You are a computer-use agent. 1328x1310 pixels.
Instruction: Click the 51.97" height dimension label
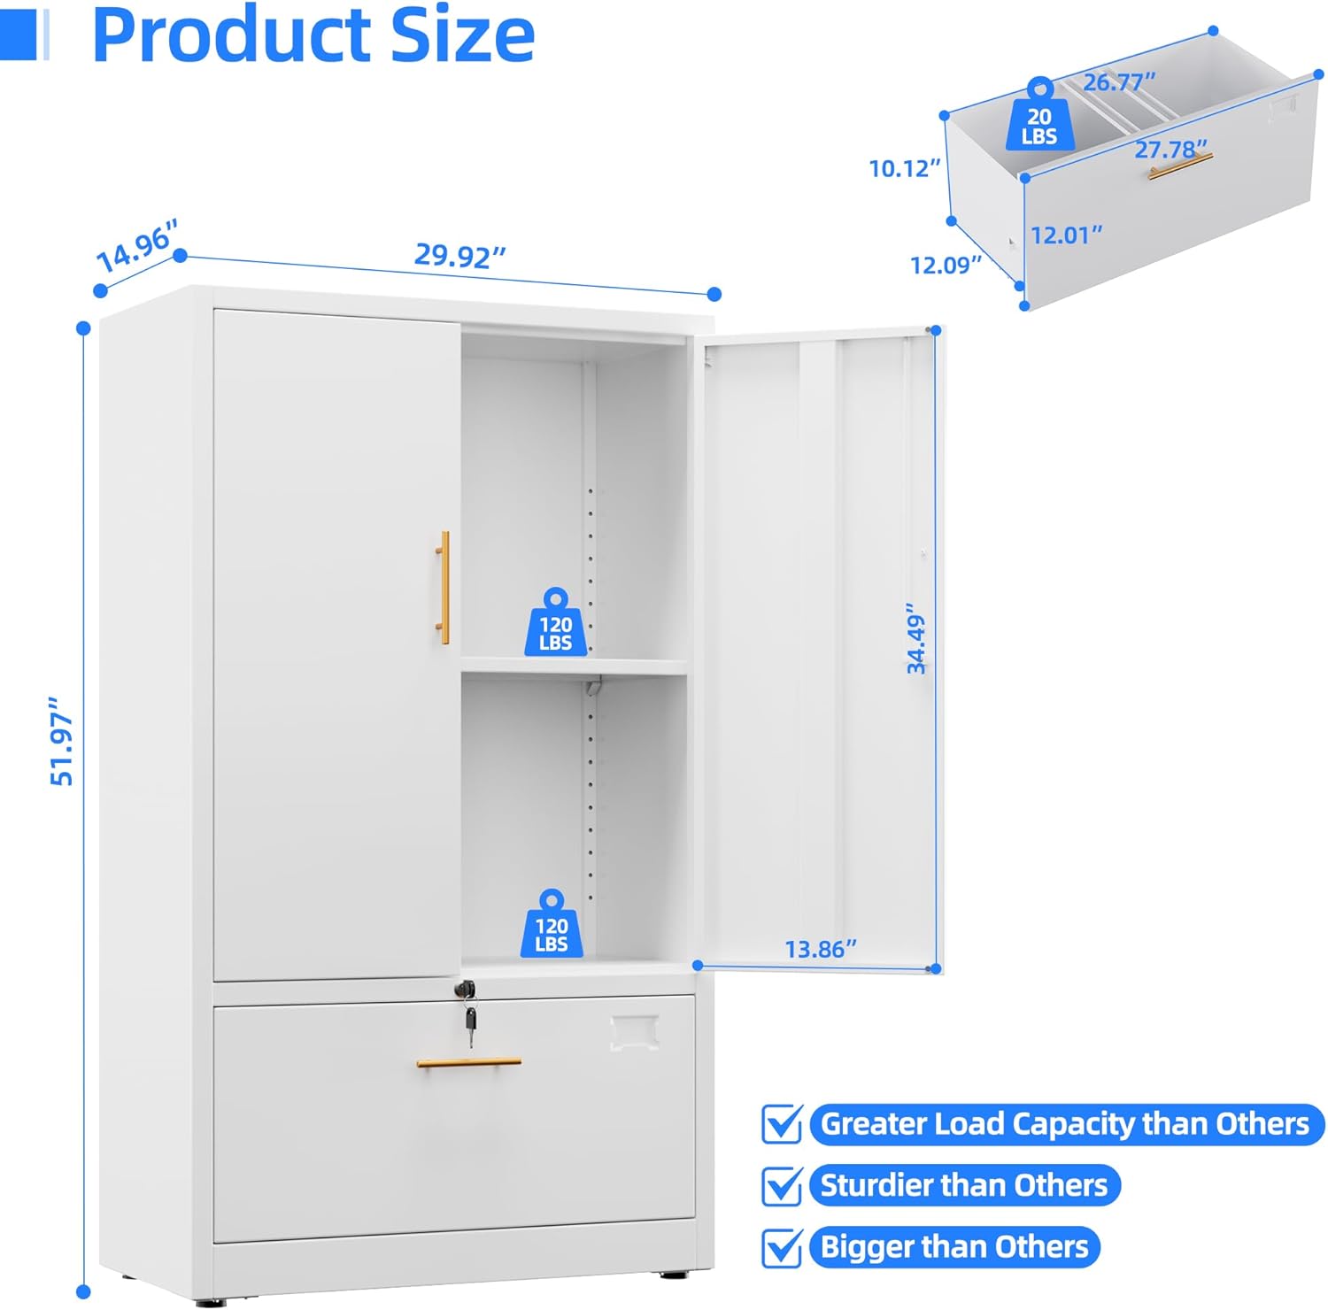tap(62, 741)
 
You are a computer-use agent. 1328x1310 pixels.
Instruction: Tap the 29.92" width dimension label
tap(459, 256)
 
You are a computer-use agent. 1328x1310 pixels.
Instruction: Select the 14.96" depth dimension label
tap(137, 247)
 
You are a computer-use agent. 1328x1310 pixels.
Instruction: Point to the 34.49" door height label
tap(915, 639)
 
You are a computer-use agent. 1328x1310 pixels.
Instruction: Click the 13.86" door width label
tap(821, 950)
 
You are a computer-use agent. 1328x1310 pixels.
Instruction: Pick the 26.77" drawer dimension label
tap(1119, 82)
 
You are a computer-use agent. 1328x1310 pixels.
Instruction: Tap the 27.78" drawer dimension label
tap(1170, 150)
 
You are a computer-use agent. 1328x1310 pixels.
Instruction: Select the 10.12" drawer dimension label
tap(904, 168)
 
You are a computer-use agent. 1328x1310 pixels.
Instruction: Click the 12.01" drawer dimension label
tap(1066, 235)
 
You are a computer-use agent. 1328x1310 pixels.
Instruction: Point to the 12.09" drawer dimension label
tap(946, 265)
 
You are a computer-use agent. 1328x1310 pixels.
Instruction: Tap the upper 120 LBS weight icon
tap(555, 623)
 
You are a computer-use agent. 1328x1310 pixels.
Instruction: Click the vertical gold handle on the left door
tap(443, 588)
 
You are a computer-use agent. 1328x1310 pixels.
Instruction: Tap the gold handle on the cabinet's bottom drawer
tap(468, 1061)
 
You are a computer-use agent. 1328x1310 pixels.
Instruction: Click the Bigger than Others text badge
tap(954, 1246)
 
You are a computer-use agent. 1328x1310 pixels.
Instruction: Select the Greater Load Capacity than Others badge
tap(1065, 1124)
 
